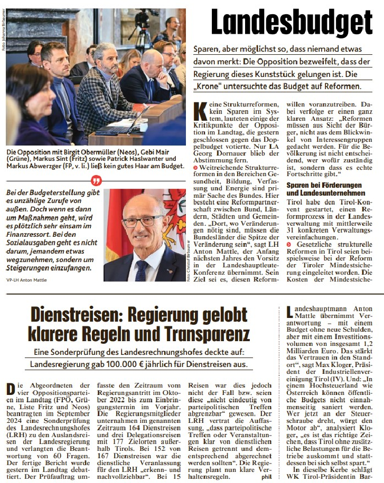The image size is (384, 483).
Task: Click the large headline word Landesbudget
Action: click(x=292, y=23)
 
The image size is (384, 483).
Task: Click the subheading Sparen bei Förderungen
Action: click(x=324, y=185)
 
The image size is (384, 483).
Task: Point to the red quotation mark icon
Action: click(x=97, y=180)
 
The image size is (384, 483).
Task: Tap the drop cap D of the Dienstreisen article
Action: click(x=10, y=390)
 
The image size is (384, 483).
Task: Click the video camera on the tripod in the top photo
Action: click(x=142, y=18)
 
